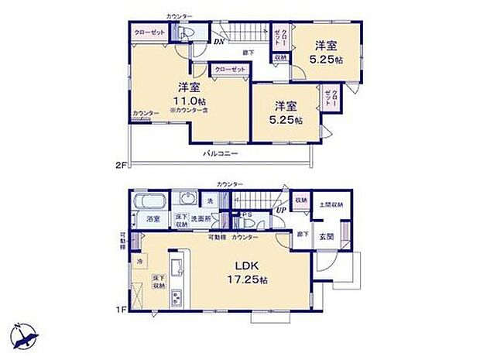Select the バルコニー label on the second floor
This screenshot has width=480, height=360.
tap(221, 153)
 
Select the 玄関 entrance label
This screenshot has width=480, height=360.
tap(327, 237)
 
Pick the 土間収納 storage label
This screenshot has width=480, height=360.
tap(331, 205)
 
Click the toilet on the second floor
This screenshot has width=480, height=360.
tap(184, 33)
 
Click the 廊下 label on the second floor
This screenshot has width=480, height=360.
tap(247, 52)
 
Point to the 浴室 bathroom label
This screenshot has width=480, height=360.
tap(153, 220)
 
